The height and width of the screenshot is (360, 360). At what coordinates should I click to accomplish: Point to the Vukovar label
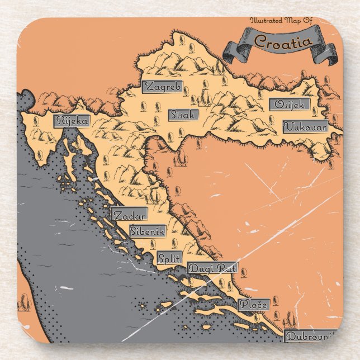tap(305, 127)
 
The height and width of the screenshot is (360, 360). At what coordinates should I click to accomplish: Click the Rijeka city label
tap(72, 120)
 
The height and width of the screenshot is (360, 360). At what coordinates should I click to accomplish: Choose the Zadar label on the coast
tap(129, 215)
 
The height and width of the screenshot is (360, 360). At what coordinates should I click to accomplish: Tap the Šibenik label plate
tap(147, 230)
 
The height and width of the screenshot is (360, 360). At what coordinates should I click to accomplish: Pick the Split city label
tap(169, 258)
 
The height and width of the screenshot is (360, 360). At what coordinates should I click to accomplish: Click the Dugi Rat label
tap(212, 268)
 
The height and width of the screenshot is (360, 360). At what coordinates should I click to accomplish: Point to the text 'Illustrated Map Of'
tap(281, 21)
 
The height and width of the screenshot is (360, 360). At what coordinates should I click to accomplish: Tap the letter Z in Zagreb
tap(147, 87)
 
